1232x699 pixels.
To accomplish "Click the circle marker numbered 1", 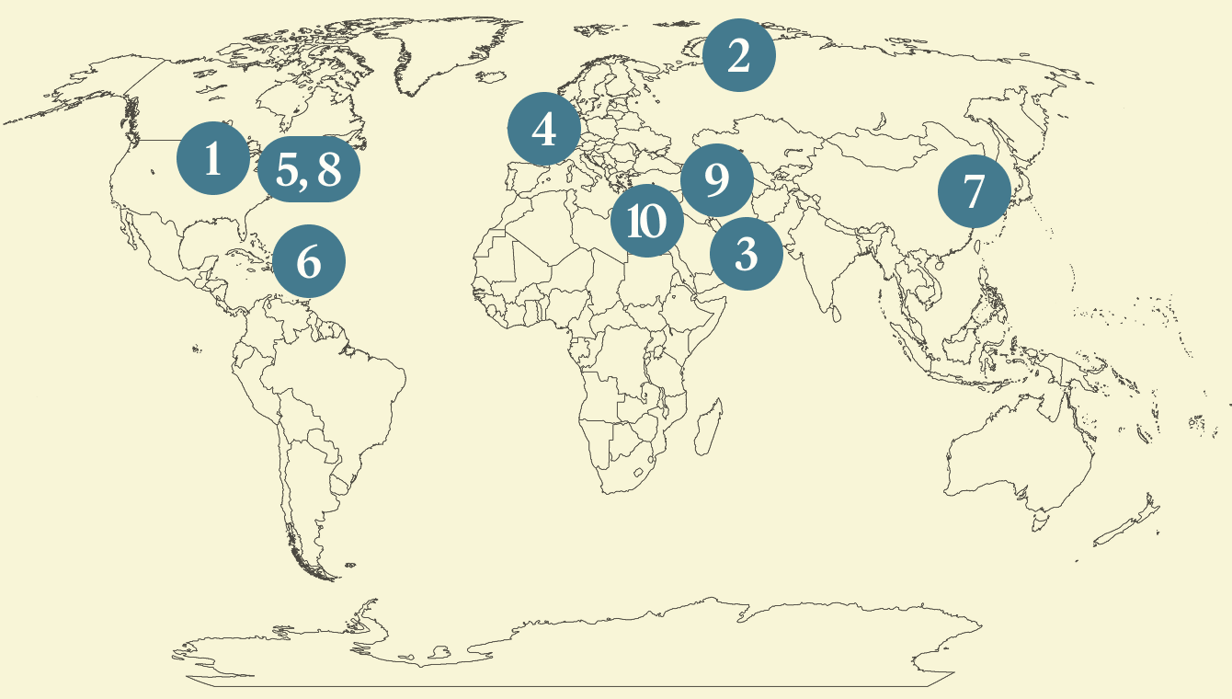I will tap(213, 158).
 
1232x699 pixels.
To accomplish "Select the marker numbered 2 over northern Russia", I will tap(738, 55).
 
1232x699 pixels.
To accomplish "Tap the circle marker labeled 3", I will tap(746, 253).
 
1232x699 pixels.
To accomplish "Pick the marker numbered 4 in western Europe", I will tap(544, 129).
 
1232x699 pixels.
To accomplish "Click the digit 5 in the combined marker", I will tap(289, 169).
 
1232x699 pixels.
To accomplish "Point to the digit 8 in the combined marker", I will tap(328, 169).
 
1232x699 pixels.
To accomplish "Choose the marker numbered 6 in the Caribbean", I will tap(309, 261).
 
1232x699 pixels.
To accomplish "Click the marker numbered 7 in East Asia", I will tap(974, 191).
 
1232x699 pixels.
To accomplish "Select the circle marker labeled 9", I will tap(716, 180).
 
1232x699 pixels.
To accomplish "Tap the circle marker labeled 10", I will tap(647, 221).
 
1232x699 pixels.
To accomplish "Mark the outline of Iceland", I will tap(495, 80).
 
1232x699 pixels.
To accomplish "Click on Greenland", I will tap(432, 51).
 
